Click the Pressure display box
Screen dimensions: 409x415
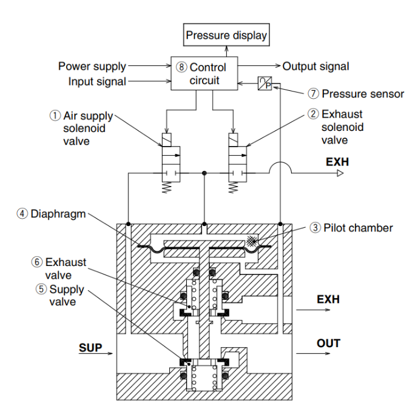(226, 36)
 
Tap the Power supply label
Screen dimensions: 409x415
(92, 66)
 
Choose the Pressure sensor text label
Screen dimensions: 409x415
(357, 94)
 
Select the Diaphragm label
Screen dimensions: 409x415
(57, 213)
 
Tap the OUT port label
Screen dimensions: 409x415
(328, 344)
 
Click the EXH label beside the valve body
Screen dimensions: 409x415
(328, 299)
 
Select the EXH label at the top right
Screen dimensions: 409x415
(329, 163)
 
